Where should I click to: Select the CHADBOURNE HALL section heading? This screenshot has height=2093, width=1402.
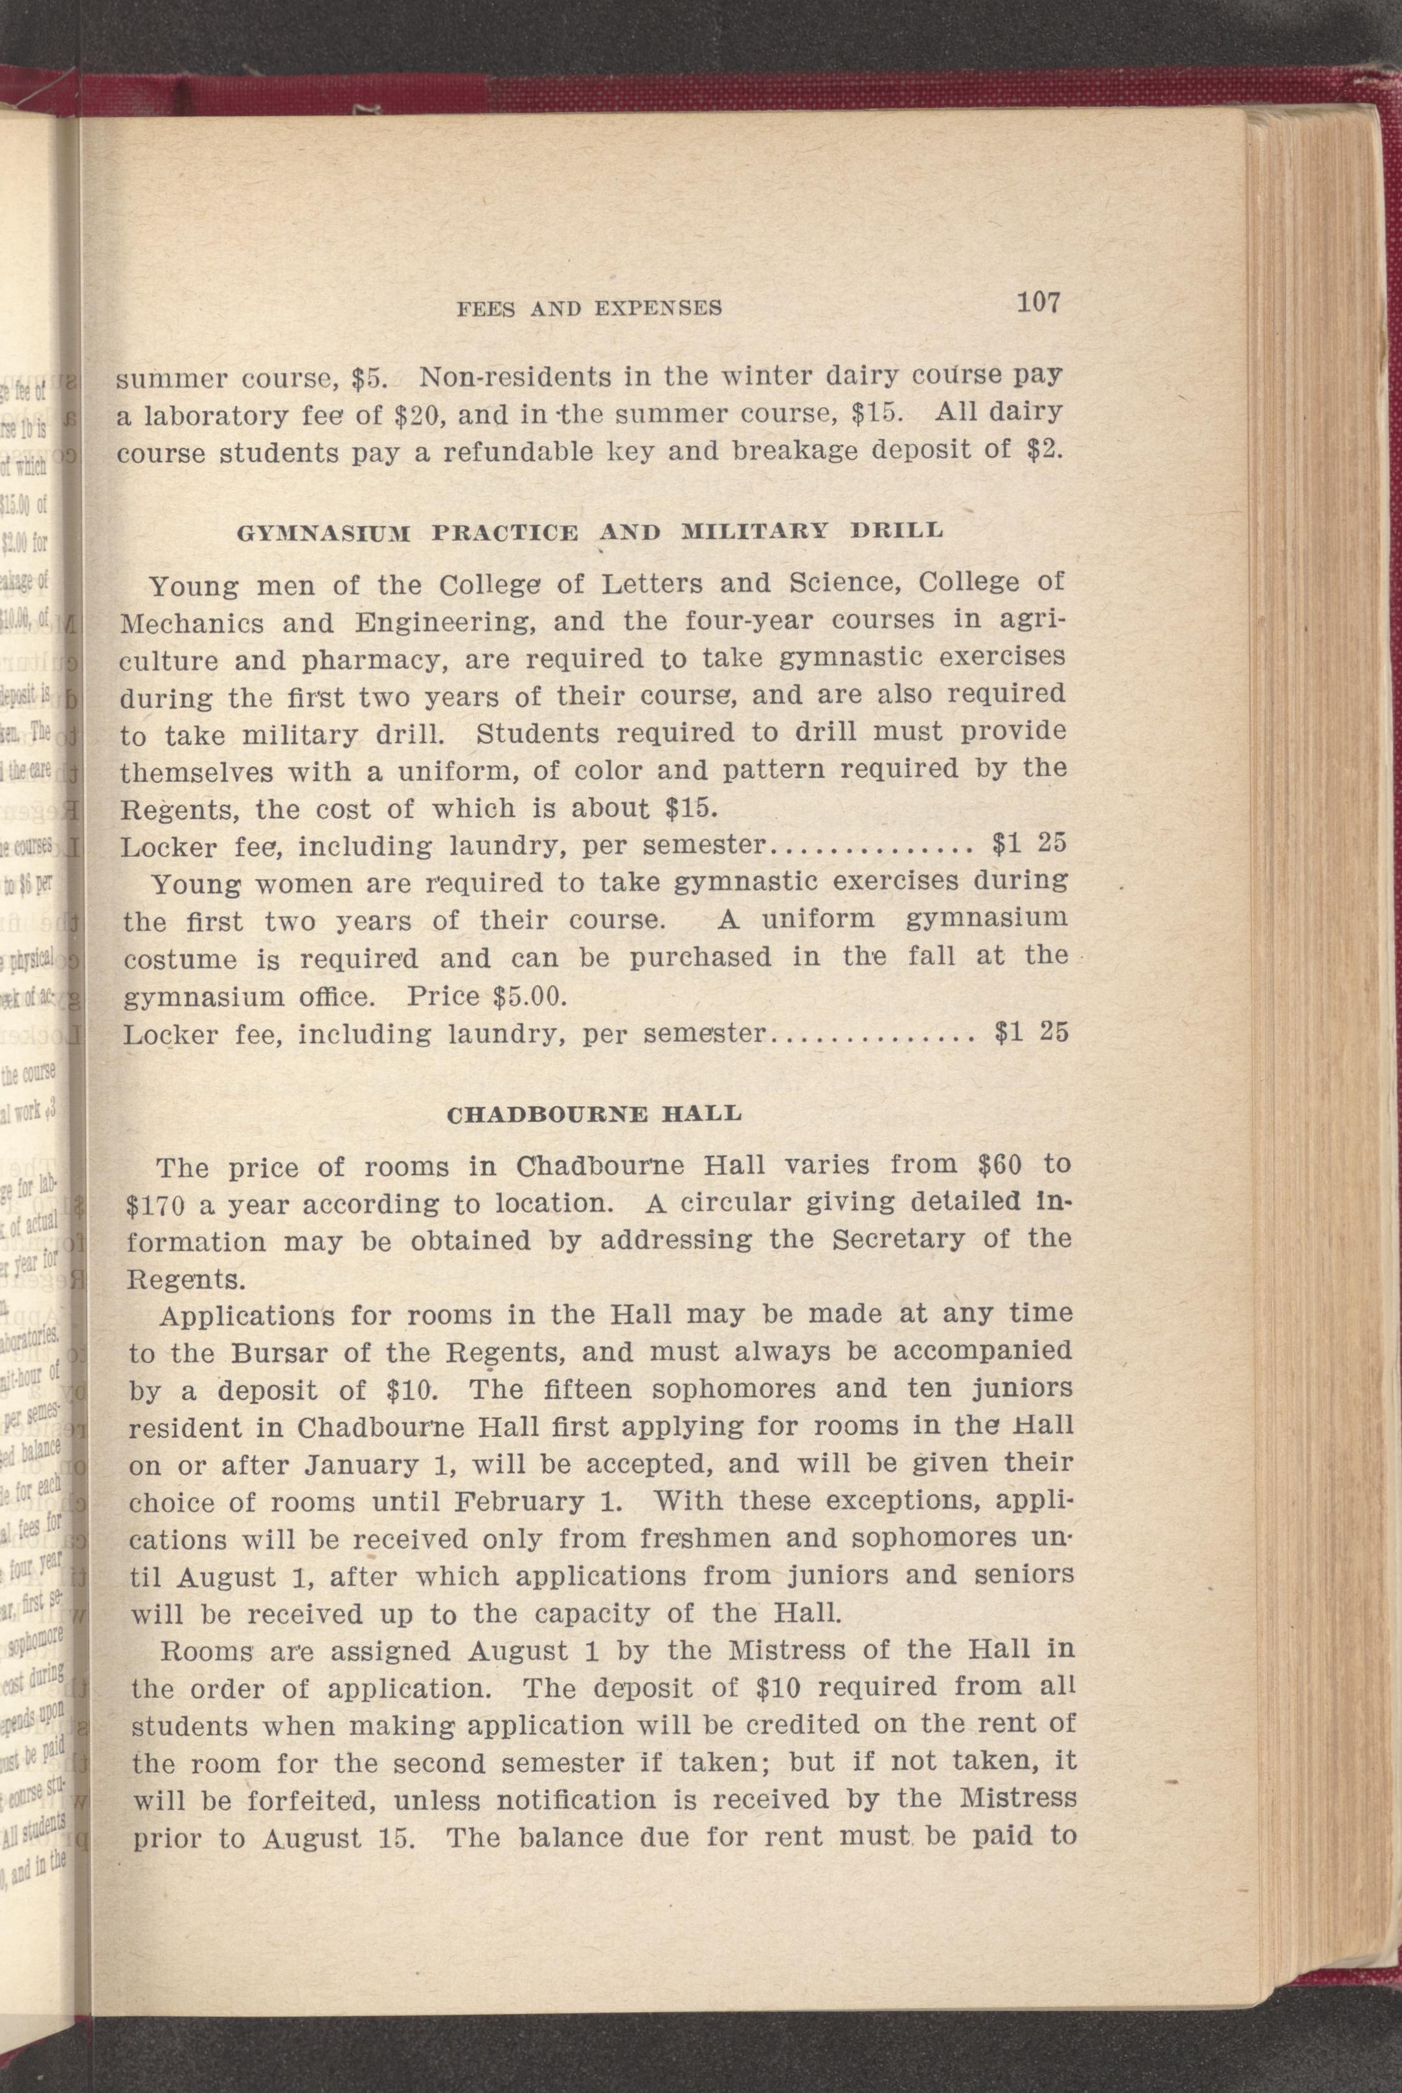click(x=594, y=1114)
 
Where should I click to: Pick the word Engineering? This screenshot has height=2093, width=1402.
click(x=433, y=622)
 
